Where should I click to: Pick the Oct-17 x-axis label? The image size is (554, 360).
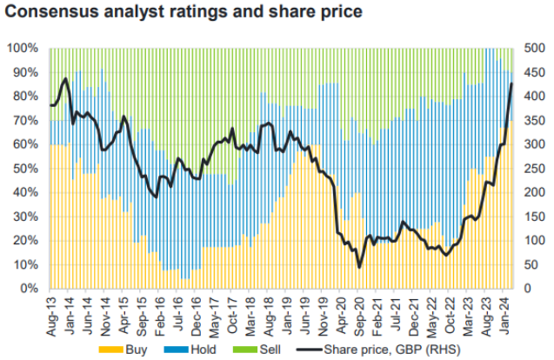[x=232, y=310]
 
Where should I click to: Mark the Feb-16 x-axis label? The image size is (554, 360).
[x=161, y=310]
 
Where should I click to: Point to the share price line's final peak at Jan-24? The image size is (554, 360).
[x=511, y=83]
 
